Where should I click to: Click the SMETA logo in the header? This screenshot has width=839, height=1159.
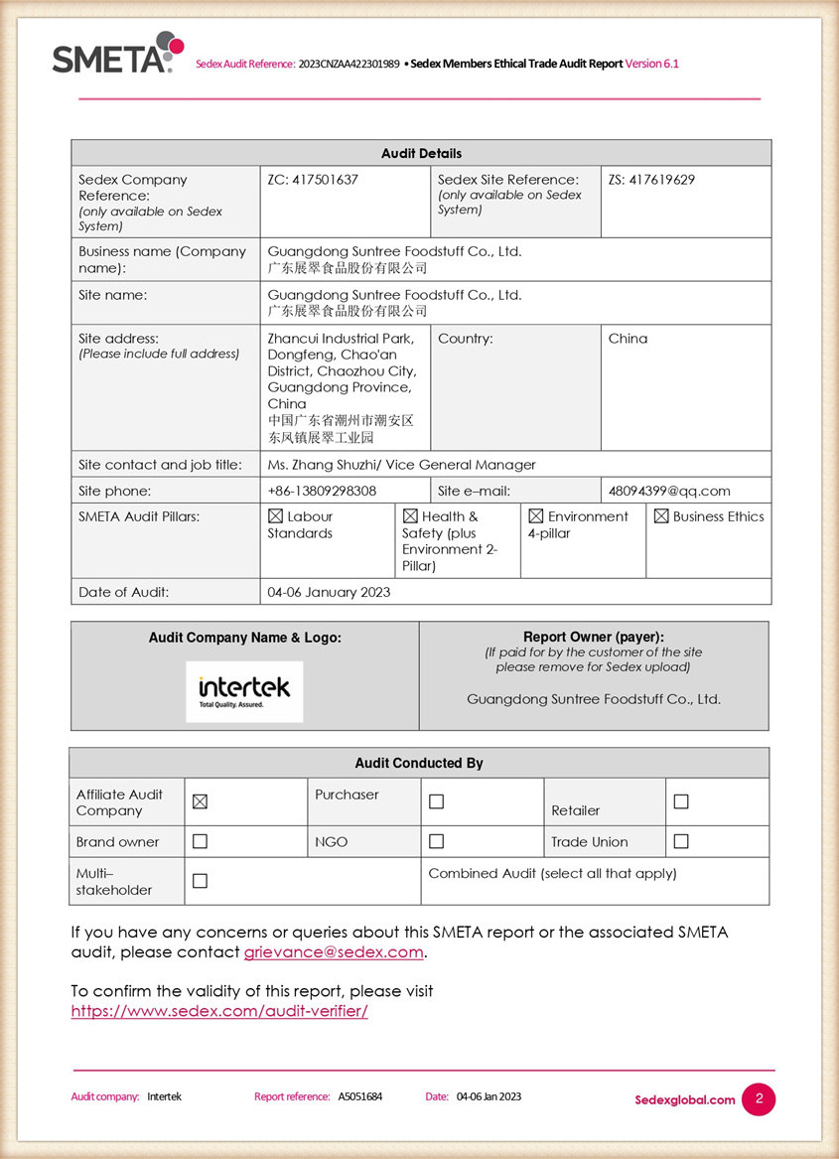pyautogui.click(x=117, y=54)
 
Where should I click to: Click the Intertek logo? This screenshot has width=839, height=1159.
pyautogui.click(x=244, y=690)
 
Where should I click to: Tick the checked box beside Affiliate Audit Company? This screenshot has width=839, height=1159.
pyautogui.click(x=200, y=801)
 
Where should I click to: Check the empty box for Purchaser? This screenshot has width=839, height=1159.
pyautogui.click(x=436, y=801)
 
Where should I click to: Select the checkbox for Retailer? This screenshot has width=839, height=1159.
pyautogui.click(x=681, y=801)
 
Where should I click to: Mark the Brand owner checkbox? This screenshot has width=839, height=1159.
pyautogui.click(x=200, y=841)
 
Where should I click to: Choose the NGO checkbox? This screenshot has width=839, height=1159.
pyautogui.click(x=436, y=841)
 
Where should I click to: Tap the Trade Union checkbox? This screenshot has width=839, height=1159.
pyautogui.click(x=681, y=841)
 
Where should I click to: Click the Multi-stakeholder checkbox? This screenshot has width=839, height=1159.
pyautogui.click(x=200, y=881)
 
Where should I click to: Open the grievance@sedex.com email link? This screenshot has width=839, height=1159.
pyautogui.click(x=334, y=952)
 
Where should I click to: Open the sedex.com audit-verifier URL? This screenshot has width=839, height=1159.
pyautogui.click(x=219, y=1011)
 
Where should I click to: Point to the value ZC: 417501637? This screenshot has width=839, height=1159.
pyautogui.click(x=313, y=180)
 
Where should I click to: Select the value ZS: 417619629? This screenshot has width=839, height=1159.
pyautogui.click(x=651, y=180)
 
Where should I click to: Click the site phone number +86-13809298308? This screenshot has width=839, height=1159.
pyautogui.click(x=322, y=491)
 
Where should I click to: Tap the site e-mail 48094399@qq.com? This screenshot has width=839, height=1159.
pyautogui.click(x=669, y=491)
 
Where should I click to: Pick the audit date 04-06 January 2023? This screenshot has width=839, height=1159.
pyautogui.click(x=329, y=592)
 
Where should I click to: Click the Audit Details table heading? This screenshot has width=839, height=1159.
pyautogui.click(x=421, y=153)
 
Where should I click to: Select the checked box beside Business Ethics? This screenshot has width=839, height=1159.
pyautogui.click(x=661, y=516)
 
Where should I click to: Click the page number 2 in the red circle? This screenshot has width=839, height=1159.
pyautogui.click(x=759, y=1098)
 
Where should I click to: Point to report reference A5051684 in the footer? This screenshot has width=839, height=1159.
pyautogui.click(x=359, y=1096)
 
